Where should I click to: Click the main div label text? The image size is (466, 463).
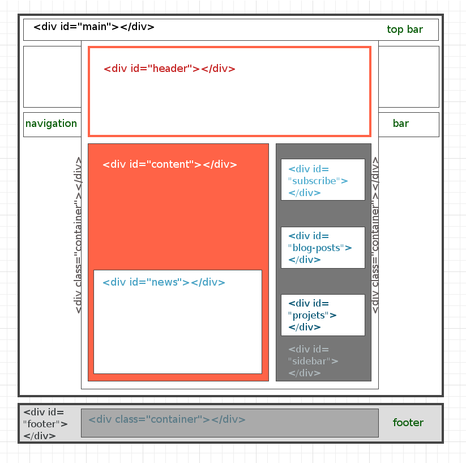(x=94, y=27)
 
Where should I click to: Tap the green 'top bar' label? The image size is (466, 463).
(x=405, y=29)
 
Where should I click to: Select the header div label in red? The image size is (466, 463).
(x=169, y=69)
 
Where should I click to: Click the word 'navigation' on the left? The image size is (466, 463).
(x=51, y=124)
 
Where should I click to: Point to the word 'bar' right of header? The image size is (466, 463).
(x=401, y=124)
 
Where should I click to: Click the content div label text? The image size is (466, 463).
(x=170, y=164)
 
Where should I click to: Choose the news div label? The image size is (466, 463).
(x=164, y=282)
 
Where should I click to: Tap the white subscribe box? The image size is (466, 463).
(x=323, y=180)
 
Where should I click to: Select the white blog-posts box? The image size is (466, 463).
(x=323, y=248)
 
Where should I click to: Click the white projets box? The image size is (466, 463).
(x=323, y=315)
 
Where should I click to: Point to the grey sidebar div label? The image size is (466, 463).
(x=313, y=361)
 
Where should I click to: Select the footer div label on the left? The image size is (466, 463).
(x=45, y=424)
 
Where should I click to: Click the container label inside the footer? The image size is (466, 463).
(x=167, y=419)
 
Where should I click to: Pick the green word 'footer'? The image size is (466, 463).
(x=408, y=423)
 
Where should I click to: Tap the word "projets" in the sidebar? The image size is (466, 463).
(x=309, y=316)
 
